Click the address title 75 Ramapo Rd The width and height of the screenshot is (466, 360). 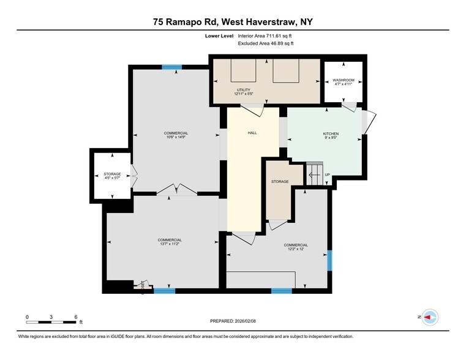coord(233,22)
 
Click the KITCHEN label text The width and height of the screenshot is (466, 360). coord(331,133)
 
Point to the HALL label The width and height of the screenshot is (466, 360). coord(252,132)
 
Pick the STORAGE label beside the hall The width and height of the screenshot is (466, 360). coord(280,182)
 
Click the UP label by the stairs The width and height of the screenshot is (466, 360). coord(327,175)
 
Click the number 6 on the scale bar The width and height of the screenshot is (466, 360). coord(75,317)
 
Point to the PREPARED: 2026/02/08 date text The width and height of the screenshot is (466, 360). coord(233,320)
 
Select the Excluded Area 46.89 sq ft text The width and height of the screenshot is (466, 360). coord(265,43)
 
